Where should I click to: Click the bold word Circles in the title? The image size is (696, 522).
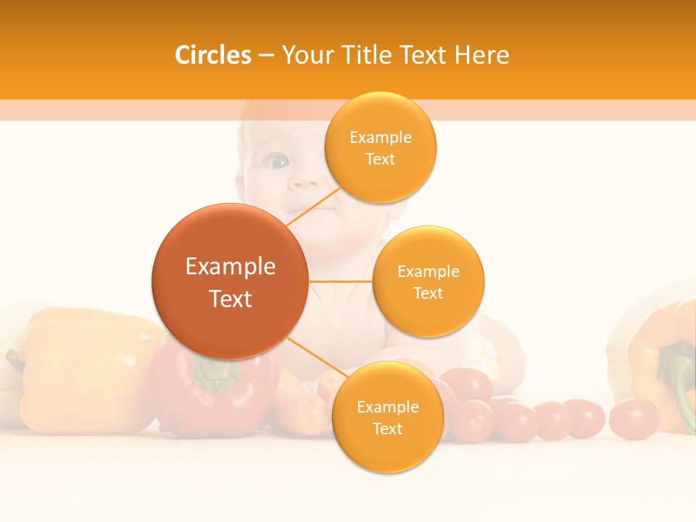(x=213, y=55)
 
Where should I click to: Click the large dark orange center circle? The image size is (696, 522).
(x=230, y=281)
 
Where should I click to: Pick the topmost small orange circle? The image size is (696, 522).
(x=380, y=147)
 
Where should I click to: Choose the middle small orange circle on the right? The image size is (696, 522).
(x=428, y=281)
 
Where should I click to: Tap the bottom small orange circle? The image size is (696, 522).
(x=387, y=417)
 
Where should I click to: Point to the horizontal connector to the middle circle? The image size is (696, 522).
(x=340, y=281)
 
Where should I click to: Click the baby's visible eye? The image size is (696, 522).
(x=276, y=162)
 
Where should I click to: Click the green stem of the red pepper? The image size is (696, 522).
(x=215, y=375)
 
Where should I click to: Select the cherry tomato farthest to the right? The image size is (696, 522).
(x=634, y=418)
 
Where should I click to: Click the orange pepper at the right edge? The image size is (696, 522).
(x=656, y=362)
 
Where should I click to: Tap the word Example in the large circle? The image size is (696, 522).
(x=230, y=267)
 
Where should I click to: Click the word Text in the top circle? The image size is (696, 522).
(x=380, y=159)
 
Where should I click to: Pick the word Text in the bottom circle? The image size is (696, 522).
(x=387, y=428)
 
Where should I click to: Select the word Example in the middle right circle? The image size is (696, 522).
(x=428, y=271)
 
